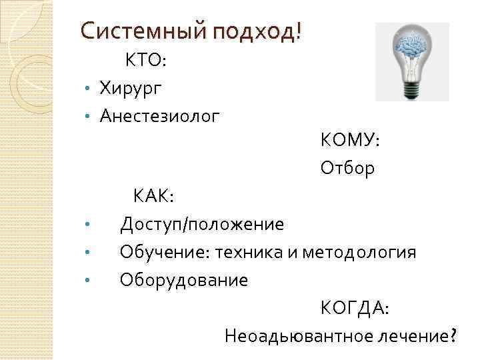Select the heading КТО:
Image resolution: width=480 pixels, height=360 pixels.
[146, 61]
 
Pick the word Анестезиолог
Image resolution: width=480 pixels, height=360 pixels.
[159, 116]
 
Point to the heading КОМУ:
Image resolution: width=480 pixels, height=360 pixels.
[349, 141]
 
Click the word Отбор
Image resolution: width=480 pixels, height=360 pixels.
[347, 168]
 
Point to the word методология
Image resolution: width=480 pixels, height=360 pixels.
[359, 253]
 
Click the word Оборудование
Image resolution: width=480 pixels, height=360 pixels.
[183, 280]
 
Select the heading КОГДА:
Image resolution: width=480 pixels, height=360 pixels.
[355, 308]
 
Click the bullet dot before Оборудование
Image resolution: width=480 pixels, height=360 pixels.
[87, 281]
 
